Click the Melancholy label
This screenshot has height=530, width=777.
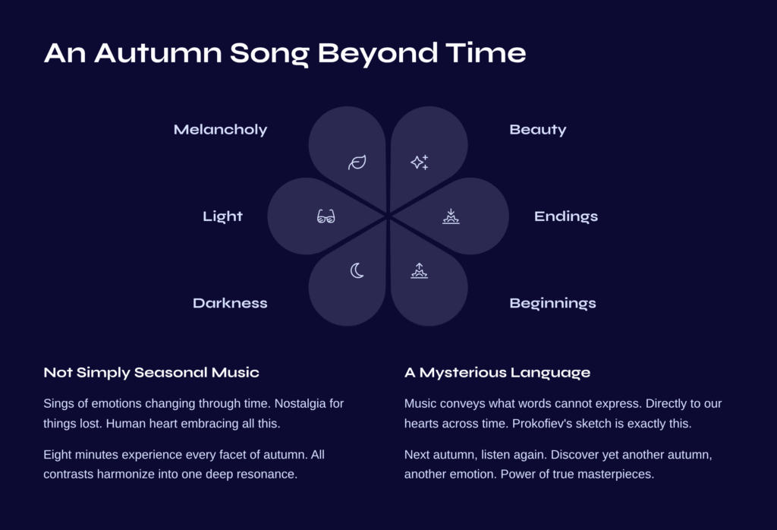tap(221, 130)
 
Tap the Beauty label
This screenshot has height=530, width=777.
tap(538, 130)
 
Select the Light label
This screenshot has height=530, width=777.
tap(222, 216)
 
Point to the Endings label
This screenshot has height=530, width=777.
tap(566, 216)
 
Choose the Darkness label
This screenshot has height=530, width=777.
tap(230, 303)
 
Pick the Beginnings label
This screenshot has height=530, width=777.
tap(552, 304)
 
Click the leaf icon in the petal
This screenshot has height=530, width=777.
tap(357, 162)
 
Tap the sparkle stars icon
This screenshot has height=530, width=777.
tap(419, 162)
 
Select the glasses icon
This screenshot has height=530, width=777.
tap(326, 216)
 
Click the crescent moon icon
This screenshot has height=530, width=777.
tap(357, 271)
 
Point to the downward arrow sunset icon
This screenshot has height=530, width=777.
tap(451, 216)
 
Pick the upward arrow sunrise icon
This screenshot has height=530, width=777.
tap(419, 271)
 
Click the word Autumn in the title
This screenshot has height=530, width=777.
tap(158, 52)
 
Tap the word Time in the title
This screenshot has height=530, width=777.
tap(486, 52)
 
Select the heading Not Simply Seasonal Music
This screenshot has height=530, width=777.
tap(151, 373)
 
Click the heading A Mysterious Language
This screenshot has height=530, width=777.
tap(497, 373)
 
